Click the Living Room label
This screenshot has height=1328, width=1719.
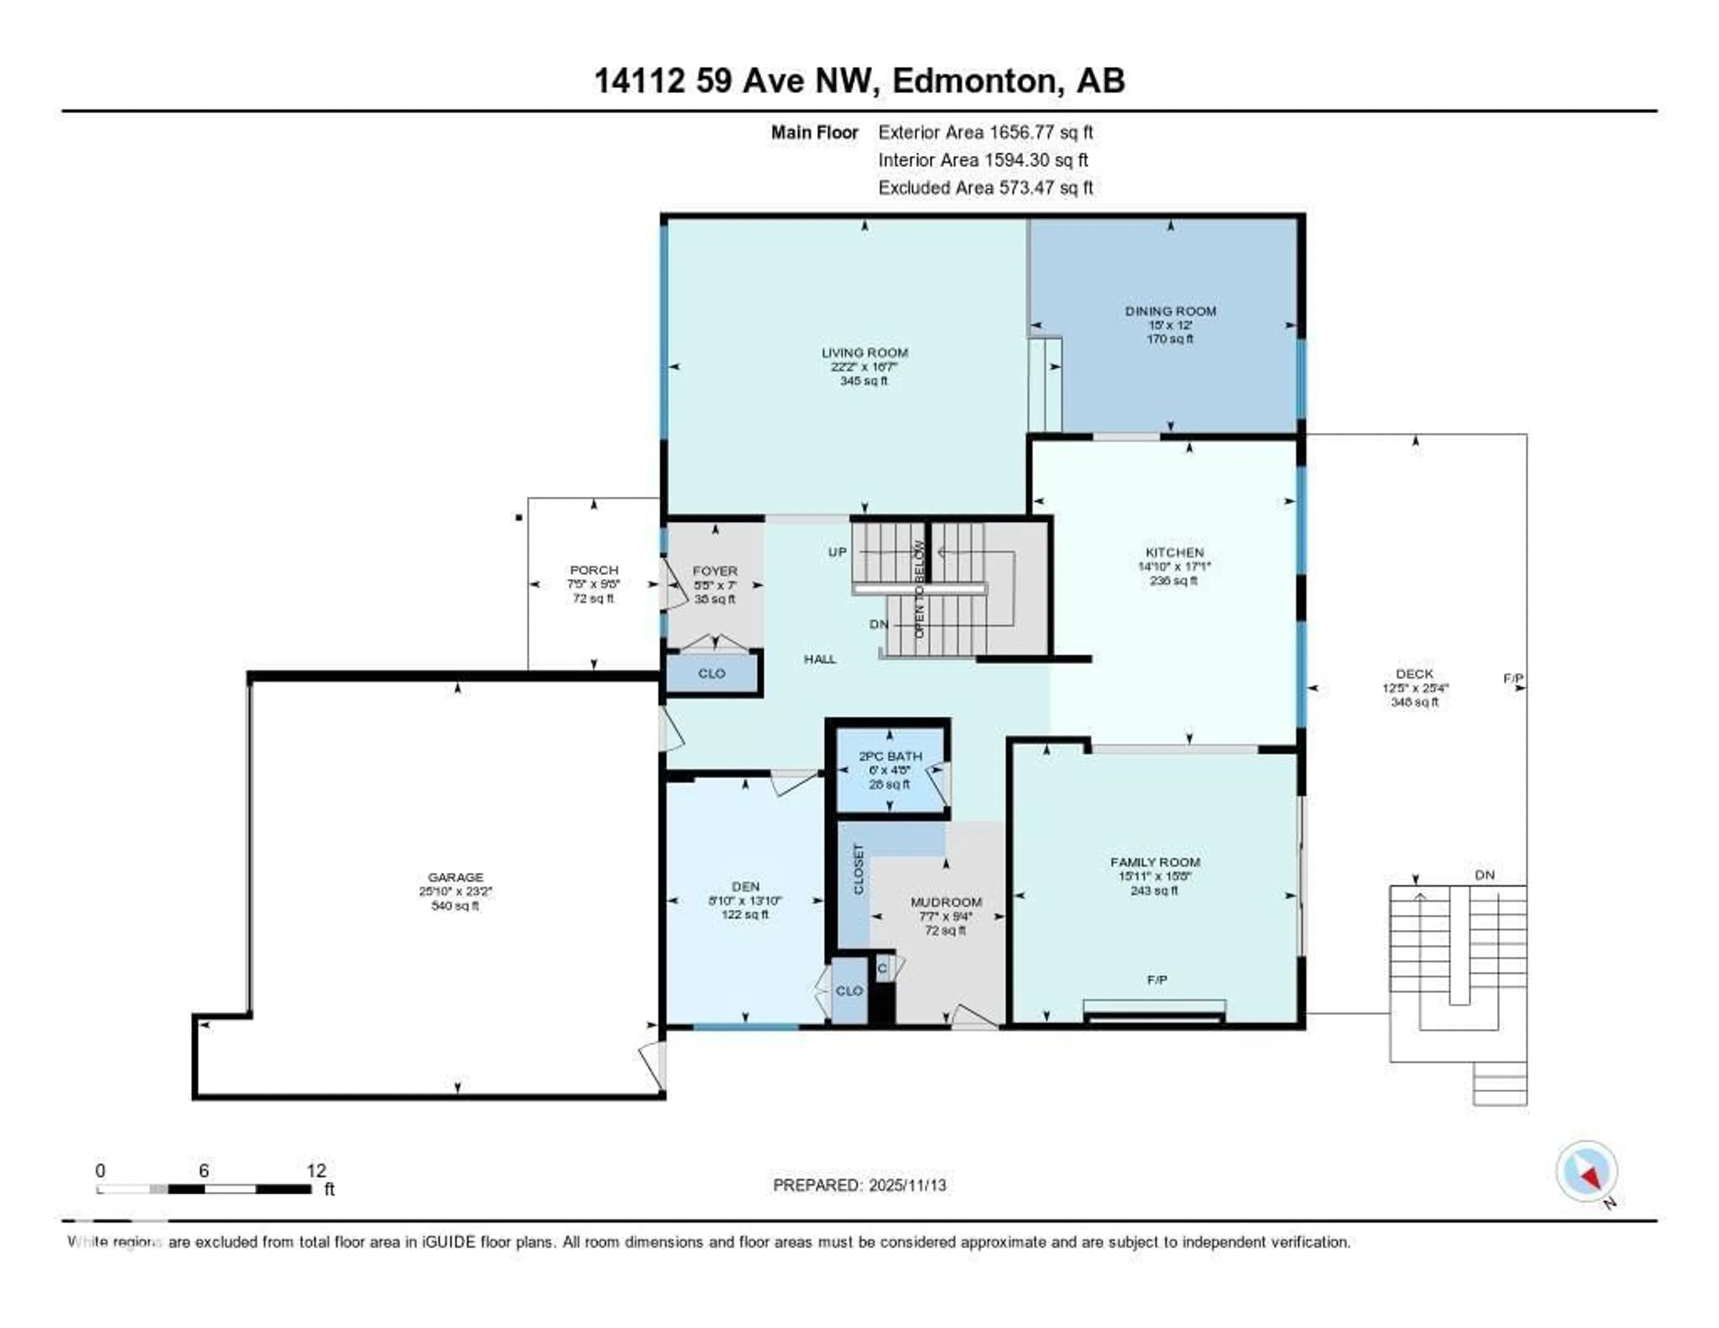click(x=864, y=353)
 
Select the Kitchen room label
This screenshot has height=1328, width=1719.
click(x=1174, y=553)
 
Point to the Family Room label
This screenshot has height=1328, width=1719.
click(x=1155, y=862)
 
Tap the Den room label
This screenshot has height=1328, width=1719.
click(x=744, y=887)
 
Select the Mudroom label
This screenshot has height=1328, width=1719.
click(x=945, y=902)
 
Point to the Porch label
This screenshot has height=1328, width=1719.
click(x=594, y=570)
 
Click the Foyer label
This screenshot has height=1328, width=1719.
click(x=714, y=571)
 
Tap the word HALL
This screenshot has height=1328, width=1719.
click(x=819, y=659)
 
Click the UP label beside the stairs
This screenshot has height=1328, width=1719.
click(x=837, y=552)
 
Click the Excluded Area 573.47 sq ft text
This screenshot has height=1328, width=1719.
click(x=985, y=187)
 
